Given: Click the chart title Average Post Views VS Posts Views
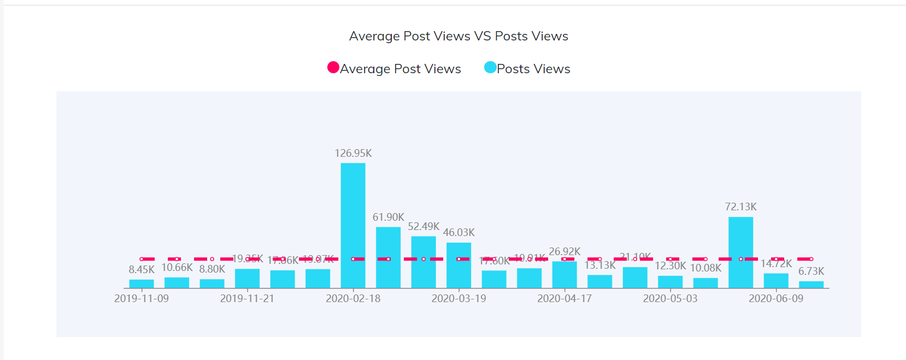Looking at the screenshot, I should coord(458,36).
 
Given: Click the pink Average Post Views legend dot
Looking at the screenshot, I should coord(333,67).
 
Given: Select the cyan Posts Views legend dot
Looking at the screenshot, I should coord(490,67).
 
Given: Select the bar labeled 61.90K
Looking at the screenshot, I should coord(388,257).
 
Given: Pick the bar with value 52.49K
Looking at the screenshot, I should coord(423,262).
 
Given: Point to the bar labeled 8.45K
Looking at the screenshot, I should coord(142,284).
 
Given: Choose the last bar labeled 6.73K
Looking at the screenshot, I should coord(811,285).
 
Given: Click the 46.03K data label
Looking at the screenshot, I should coord(458,232).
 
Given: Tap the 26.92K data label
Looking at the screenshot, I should coord(564,251).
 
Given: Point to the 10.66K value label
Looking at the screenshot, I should coord(177,267).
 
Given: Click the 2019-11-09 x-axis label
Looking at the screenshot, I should coord(142,298).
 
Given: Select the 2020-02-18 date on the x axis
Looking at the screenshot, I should coord(353,298).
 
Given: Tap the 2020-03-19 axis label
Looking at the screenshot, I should coord(458,298).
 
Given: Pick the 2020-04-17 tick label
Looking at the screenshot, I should coord(564,298).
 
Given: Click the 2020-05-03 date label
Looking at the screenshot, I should coord(670,298).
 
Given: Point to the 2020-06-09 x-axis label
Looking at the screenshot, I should coord(776,298).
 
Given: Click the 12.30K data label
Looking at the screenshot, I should coord(670,265).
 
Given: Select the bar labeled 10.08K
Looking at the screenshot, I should coord(705,283).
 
